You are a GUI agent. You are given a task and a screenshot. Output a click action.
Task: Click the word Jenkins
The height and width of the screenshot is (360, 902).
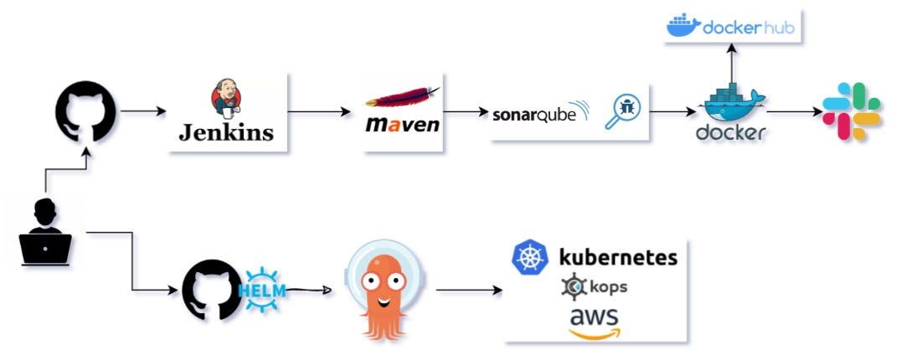(x=226, y=132)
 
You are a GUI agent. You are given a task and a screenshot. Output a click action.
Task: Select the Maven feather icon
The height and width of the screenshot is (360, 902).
(x=402, y=99)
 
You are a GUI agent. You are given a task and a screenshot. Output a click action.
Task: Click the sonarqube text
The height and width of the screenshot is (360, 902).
(x=536, y=114)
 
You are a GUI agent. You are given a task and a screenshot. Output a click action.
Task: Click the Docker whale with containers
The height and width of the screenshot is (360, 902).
(x=731, y=105)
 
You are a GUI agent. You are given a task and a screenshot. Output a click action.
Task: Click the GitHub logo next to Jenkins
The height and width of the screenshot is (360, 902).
(x=85, y=111)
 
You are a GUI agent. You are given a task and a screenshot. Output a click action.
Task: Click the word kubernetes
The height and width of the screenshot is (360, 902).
(x=618, y=256)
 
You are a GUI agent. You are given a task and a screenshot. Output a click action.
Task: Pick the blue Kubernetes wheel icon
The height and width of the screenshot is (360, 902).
(x=530, y=257)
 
